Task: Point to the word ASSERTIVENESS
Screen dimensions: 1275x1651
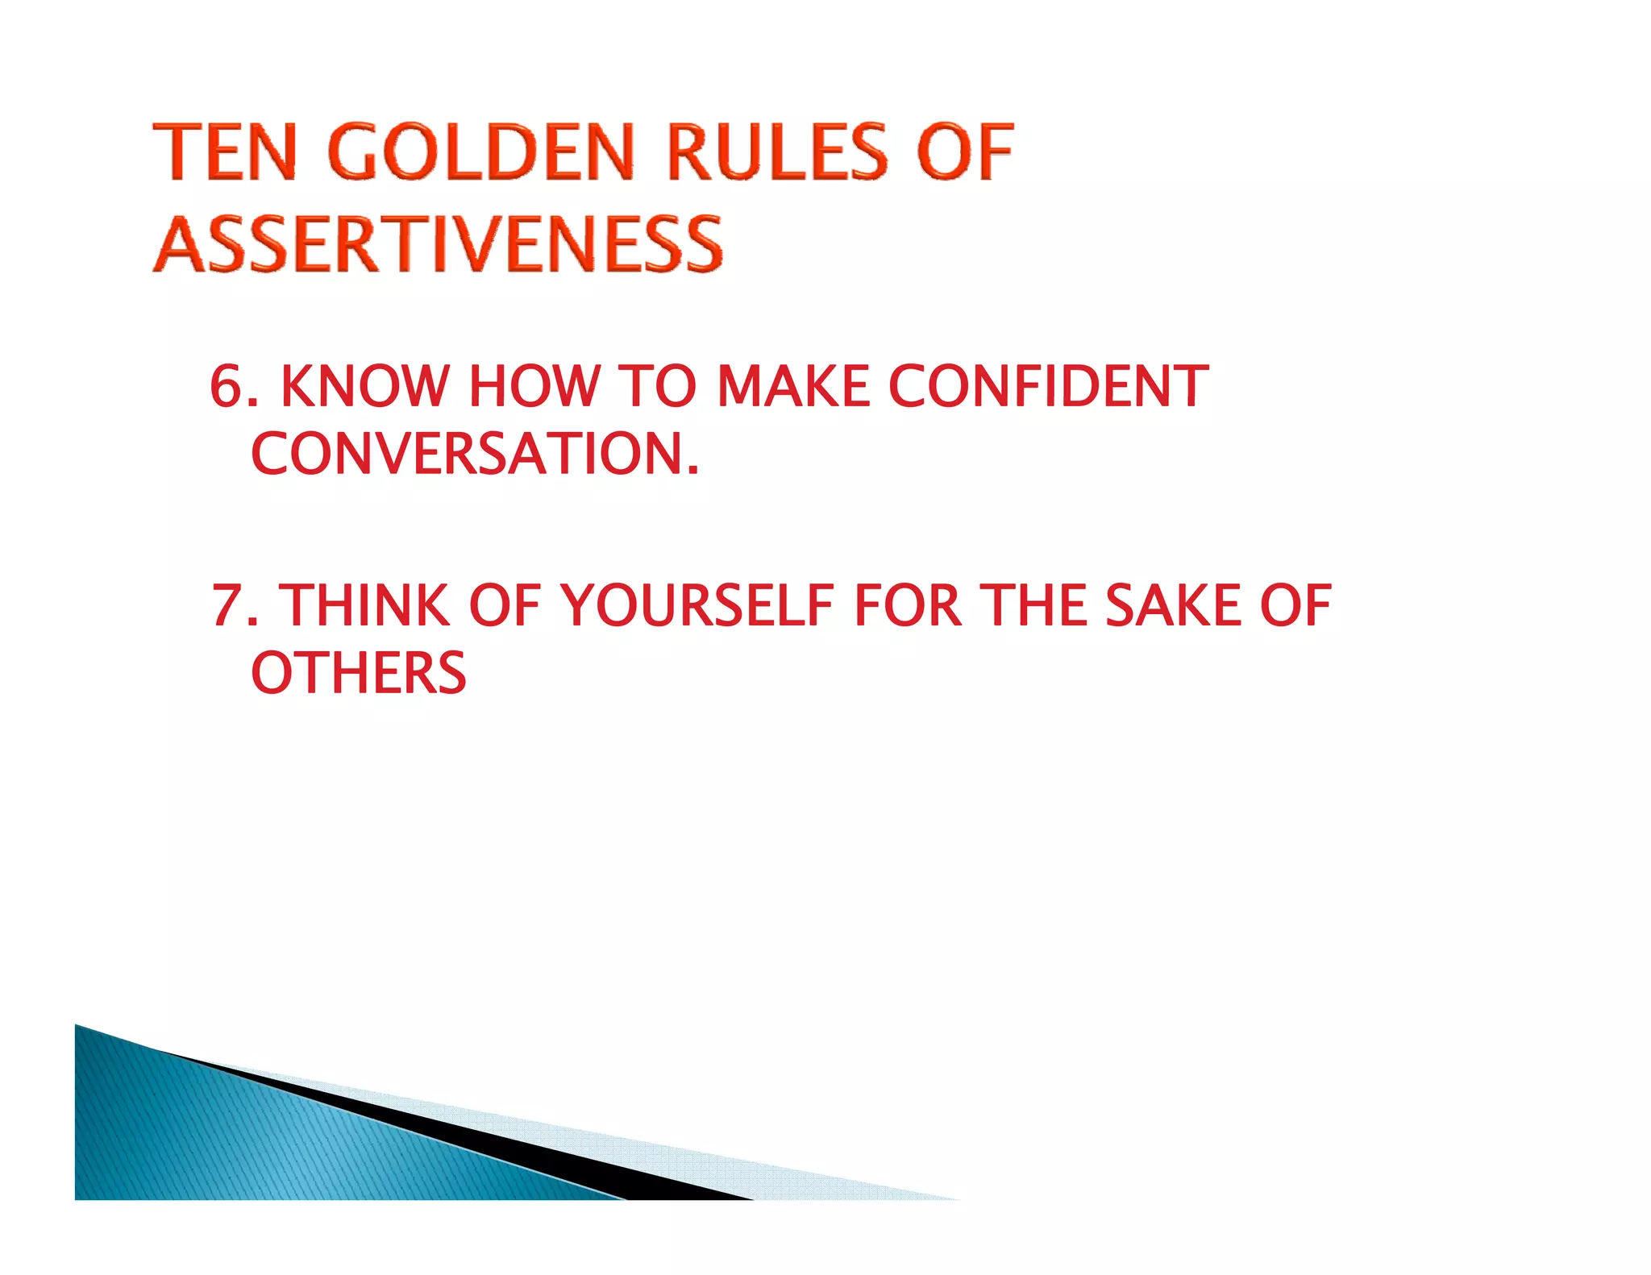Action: (439, 244)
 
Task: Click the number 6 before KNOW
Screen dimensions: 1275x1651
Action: (227, 386)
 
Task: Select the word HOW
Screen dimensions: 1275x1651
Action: (534, 386)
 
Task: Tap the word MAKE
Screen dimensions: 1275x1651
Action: (792, 386)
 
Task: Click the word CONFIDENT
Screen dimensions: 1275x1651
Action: (1048, 386)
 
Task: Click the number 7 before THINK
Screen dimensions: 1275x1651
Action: (227, 606)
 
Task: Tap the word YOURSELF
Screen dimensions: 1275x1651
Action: (697, 606)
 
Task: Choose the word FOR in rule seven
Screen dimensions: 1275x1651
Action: (908, 606)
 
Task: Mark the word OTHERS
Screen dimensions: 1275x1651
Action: (359, 674)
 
